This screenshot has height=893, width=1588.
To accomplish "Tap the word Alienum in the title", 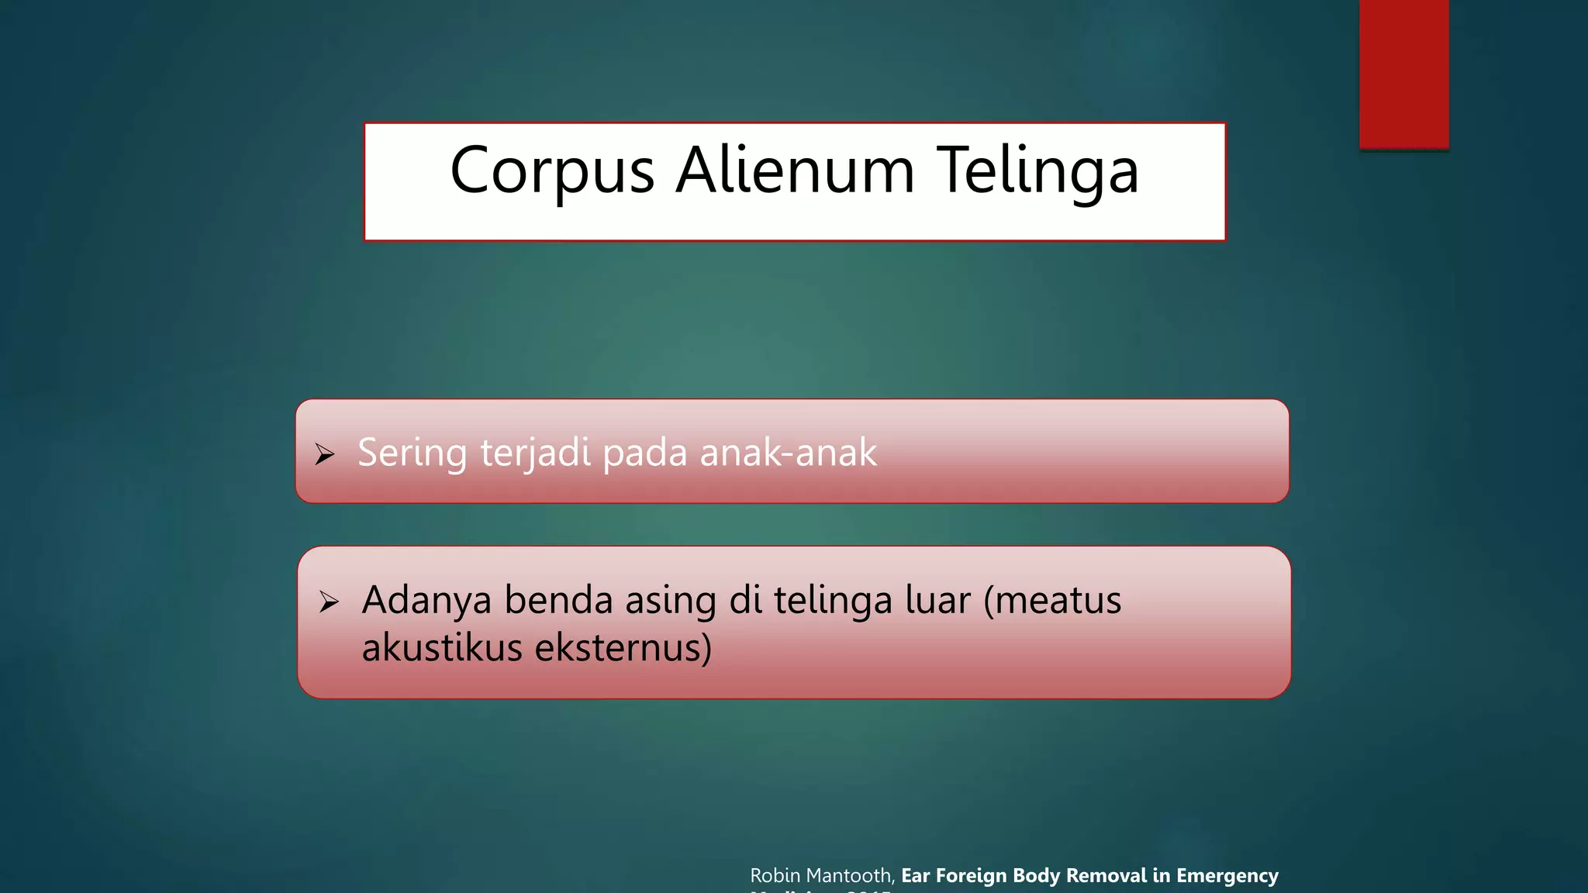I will coord(795,171).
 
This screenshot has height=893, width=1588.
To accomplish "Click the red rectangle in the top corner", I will coord(1403,74).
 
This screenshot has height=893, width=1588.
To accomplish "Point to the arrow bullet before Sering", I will coord(325,454).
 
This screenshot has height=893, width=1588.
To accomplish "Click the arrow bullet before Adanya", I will coord(329,602).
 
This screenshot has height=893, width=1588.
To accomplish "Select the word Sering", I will coord(412,453).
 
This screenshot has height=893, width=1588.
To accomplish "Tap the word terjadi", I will coord(535,453).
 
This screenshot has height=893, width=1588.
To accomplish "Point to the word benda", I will coord(558,600).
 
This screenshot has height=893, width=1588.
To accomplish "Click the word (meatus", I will coord(1052,600).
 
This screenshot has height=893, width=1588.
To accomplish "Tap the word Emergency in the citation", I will coord(1227,876).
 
